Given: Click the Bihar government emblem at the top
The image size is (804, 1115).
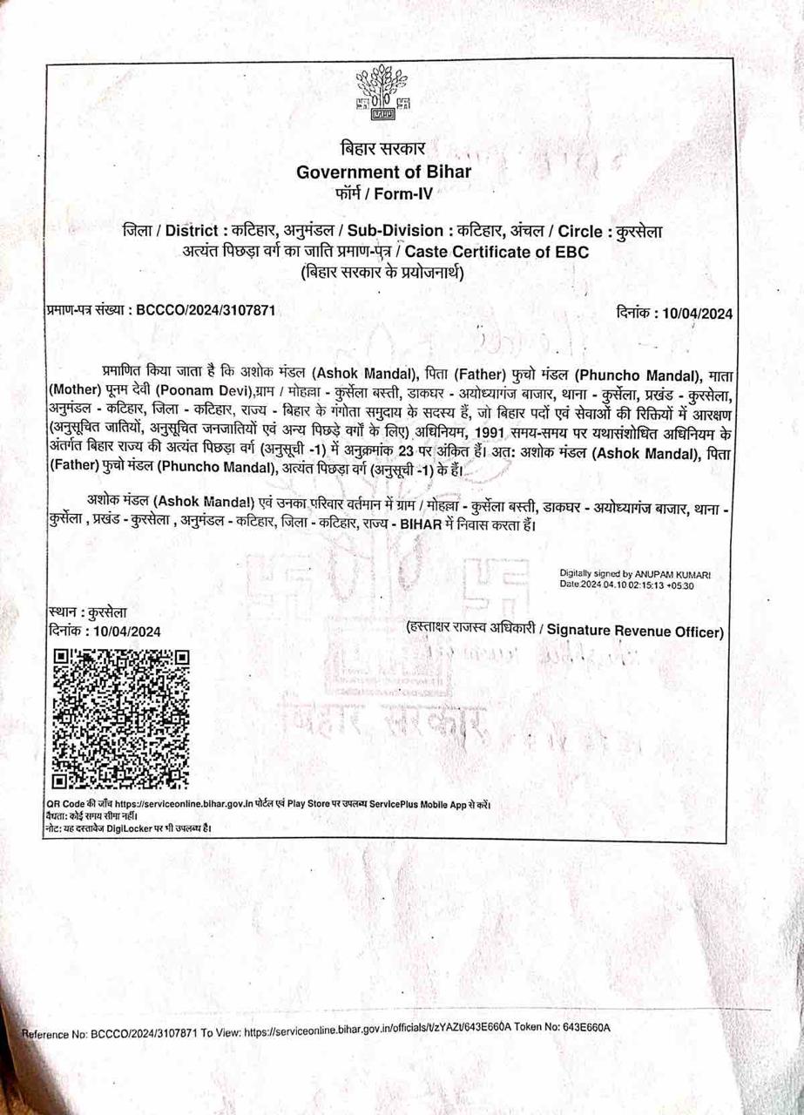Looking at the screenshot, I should [x=382, y=91].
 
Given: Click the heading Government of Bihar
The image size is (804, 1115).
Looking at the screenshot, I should [x=383, y=172].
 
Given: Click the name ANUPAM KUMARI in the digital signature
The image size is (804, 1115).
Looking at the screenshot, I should [x=674, y=574].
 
